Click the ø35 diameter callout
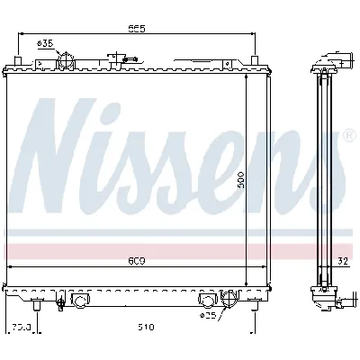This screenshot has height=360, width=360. (44, 43)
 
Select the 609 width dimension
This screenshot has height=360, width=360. (138, 262)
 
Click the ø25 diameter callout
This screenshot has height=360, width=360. (209, 317)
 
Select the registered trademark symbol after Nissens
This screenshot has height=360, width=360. (349, 136)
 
